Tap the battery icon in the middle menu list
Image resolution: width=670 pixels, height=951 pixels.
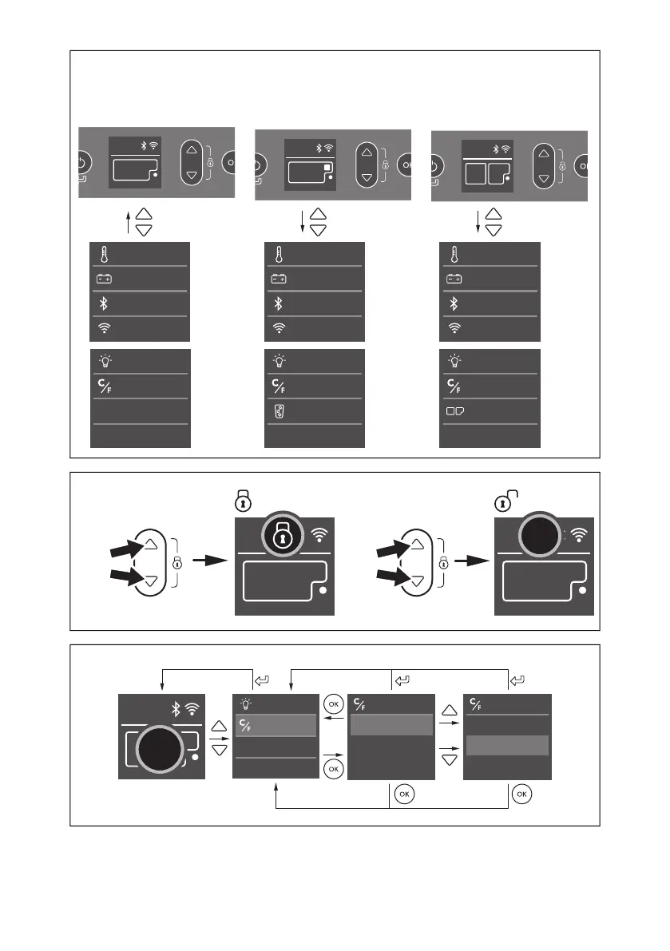pos(279,279)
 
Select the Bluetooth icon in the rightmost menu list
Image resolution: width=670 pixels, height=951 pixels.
pos(454,304)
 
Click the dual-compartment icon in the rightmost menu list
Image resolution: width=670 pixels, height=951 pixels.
pos(454,413)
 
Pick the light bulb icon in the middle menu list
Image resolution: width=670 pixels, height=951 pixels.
pos(279,362)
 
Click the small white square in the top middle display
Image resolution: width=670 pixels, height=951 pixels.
pos(327,168)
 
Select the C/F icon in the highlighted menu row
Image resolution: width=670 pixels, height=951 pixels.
pos(246,726)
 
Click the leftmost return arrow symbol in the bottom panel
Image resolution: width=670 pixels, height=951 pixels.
pos(262,681)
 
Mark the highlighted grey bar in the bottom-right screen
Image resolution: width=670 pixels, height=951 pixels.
pos(507,745)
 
